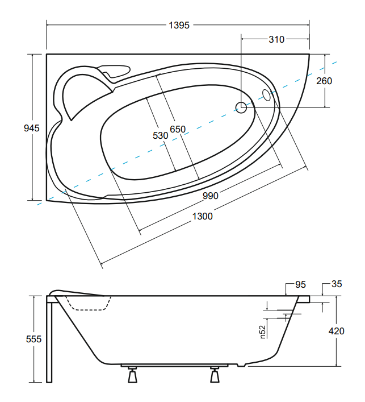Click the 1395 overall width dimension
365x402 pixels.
coord(179,25)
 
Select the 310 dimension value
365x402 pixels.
coord(276,39)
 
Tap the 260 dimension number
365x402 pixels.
coord(324,81)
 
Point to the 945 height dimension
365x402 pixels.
coord(32,128)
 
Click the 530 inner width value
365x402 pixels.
coord(161,135)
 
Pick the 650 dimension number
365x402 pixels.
coord(178,129)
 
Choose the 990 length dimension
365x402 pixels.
coord(211,196)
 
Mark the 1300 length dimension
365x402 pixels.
coord(202,217)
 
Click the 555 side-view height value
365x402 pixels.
coord(33,339)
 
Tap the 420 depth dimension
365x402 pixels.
coord(336,331)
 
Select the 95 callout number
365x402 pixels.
coord(300,284)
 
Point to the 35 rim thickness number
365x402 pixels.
coord(337,284)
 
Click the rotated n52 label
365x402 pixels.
coord(263,331)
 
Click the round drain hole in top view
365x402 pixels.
coord(241,107)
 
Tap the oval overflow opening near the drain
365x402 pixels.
coord(266,95)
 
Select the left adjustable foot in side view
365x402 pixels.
coord(132,375)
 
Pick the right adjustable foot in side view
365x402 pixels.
coord(215,375)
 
